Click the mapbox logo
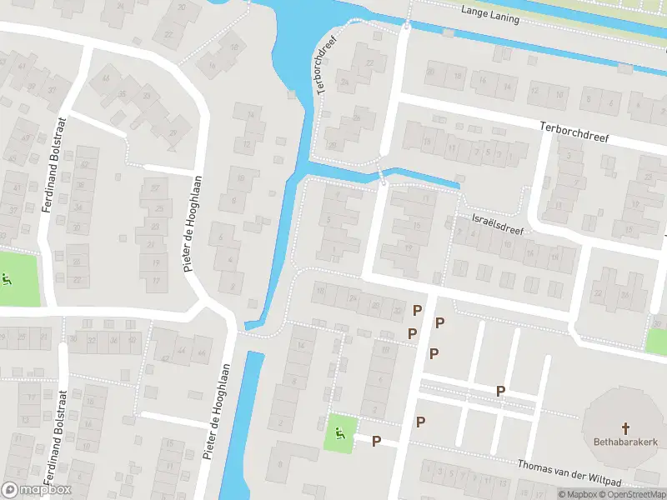click(x=36, y=490)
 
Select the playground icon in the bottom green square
click(x=339, y=432)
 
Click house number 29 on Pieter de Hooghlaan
click(x=174, y=132)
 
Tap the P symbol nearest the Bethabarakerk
click(x=500, y=391)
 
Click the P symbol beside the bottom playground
click(x=376, y=441)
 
